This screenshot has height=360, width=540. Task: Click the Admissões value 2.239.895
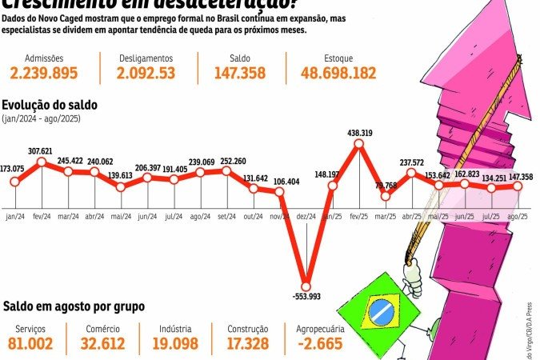pos(44,74)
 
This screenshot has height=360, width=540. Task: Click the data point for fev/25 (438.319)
pos(358,144)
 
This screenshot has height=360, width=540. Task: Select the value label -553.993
pos(306,298)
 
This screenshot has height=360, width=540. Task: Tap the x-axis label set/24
pos(226,216)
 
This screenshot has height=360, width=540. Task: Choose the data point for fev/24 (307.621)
pos(42,162)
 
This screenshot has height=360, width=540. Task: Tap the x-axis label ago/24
pos(200,216)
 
